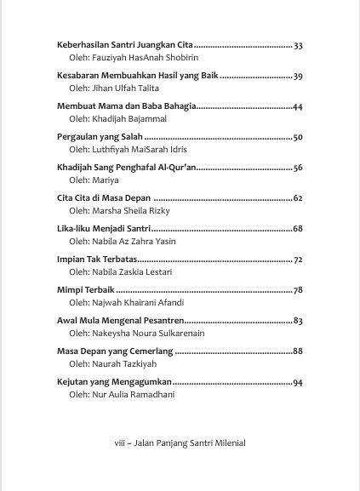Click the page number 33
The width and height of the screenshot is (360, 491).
click(298, 44)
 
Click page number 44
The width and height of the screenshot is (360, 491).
click(298, 106)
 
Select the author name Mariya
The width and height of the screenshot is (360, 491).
click(106, 180)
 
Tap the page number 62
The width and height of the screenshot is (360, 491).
click(298, 198)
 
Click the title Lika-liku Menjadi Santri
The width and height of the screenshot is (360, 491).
click(102, 229)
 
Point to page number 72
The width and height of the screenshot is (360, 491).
click(298, 260)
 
